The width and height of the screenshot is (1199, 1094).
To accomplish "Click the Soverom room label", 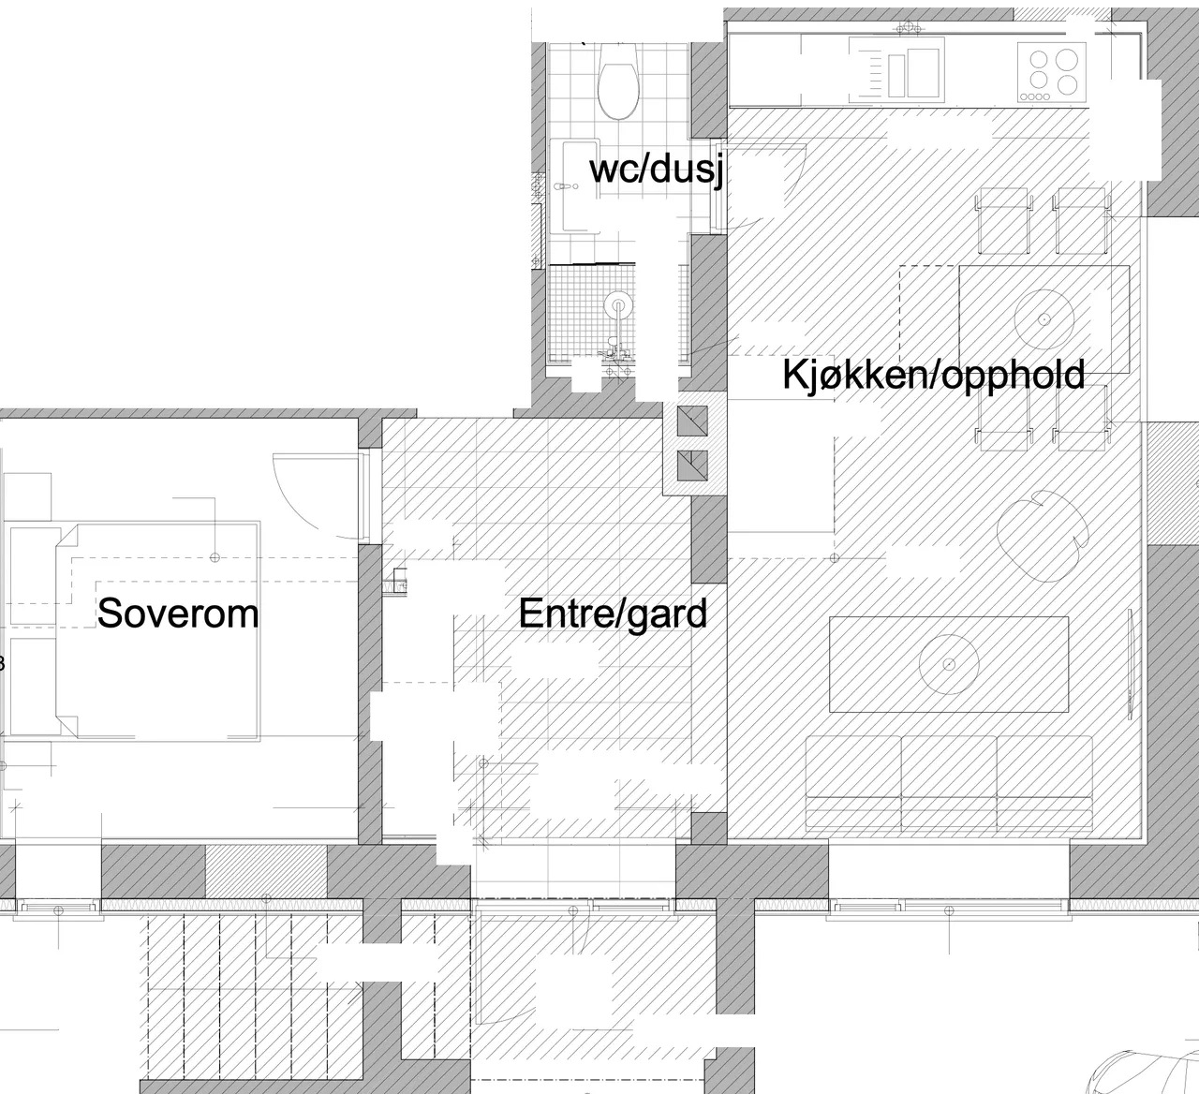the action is [x=178, y=614].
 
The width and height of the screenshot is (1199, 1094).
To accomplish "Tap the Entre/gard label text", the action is [x=614, y=614].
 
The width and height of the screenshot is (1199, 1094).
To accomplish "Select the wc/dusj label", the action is [x=657, y=170].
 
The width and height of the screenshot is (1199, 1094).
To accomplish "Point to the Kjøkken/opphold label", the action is [x=934, y=376].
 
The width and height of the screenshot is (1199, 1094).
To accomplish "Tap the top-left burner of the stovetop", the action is [x=1040, y=60].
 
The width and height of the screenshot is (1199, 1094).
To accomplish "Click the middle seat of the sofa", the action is [x=949, y=783].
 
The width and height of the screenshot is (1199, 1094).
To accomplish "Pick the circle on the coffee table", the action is [x=949, y=664].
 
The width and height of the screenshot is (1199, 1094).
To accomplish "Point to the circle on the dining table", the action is [x=1044, y=319].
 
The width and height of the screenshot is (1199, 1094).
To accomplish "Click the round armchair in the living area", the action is [x=1042, y=536].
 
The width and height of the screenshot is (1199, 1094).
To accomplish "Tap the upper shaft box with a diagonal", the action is [x=693, y=421].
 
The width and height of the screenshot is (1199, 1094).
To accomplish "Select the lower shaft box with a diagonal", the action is [x=693, y=466].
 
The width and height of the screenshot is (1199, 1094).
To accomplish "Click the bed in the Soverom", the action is [x=157, y=632].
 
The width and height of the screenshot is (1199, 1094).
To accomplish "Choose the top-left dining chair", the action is [x=1003, y=221].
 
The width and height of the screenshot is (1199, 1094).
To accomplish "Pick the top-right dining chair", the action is [x=1080, y=221].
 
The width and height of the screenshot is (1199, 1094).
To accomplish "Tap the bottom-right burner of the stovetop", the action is [x=1067, y=84].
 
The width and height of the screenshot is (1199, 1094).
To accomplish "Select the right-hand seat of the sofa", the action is [x=1044, y=783].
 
